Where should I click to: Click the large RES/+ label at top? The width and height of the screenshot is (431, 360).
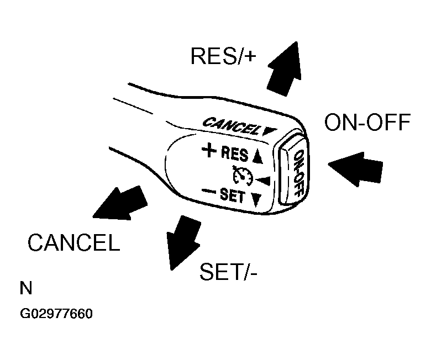223,56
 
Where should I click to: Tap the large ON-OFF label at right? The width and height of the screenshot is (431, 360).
367,122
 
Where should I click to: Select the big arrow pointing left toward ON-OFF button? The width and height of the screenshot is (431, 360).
355,169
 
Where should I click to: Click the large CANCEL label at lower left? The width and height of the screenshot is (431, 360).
74,242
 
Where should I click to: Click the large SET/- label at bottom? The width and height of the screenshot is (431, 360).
228,272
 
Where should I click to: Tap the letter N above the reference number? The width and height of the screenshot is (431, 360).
26,288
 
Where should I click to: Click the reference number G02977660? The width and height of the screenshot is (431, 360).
56,314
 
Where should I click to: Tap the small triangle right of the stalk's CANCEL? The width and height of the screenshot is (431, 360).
269,132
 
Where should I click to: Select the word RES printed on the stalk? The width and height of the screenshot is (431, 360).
234,154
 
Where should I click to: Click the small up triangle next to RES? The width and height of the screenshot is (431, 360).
257,157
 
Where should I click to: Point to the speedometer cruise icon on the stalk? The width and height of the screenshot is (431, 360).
243,176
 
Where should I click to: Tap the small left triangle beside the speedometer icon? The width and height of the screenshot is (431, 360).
264,181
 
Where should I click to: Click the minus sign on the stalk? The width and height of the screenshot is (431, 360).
209,191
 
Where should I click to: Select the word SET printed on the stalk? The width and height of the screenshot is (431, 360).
232,195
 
